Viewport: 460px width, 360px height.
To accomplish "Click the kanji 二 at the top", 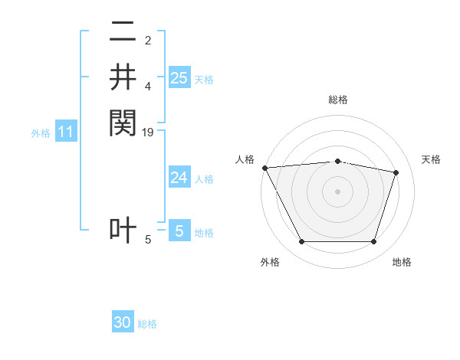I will click(123, 33).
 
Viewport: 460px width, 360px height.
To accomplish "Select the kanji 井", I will click(123, 77).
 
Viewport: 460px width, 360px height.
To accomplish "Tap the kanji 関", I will click(123, 122).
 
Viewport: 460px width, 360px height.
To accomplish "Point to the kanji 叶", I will click(123, 231).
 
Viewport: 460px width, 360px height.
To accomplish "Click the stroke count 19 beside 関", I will click(149, 133).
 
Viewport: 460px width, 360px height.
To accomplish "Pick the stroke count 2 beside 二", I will click(148, 41).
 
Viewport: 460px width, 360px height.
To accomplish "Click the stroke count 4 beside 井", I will click(148, 86).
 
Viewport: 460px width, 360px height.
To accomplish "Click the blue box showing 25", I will click(179, 77).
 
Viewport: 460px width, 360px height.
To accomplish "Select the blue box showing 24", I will click(179, 178).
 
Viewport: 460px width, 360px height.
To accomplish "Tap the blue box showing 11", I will click(66, 133).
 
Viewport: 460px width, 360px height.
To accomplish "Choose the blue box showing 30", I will click(123, 322).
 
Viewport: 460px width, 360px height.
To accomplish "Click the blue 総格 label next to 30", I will click(147, 324).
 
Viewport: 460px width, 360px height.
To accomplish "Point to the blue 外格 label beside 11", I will click(41, 133).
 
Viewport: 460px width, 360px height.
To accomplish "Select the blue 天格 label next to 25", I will click(204, 79).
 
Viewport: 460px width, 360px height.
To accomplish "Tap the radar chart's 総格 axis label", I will click(337, 100).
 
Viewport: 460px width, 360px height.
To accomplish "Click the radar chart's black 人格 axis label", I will click(245, 159).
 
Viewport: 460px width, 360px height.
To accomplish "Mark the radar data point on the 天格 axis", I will click(396, 172).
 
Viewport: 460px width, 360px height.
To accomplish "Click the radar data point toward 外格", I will click(301, 242).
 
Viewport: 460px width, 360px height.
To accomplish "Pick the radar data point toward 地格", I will click(373, 242).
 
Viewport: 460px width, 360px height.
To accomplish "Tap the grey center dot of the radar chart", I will click(337, 191).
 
